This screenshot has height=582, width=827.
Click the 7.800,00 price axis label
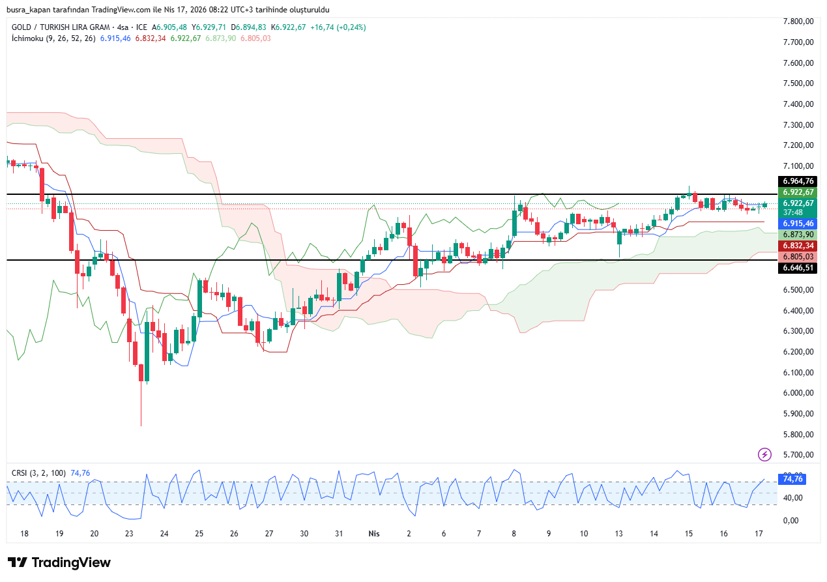[x=798, y=22]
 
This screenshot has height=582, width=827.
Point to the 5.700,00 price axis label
[x=798, y=455]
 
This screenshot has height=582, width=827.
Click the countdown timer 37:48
[x=792, y=212]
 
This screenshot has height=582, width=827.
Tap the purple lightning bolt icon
[x=764, y=454]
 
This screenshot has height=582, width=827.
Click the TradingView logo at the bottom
[x=59, y=562]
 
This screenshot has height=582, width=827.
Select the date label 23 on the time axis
[x=129, y=534]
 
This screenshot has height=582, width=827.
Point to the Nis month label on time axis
[x=374, y=534]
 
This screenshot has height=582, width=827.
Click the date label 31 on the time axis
[x=339, y=534]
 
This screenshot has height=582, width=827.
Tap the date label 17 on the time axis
[x=759, y=534]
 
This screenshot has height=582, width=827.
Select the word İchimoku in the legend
[x=27, y=38]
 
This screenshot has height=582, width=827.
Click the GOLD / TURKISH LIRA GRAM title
[x=61, y=27]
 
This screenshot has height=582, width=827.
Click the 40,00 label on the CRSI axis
[x=791, y=499]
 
